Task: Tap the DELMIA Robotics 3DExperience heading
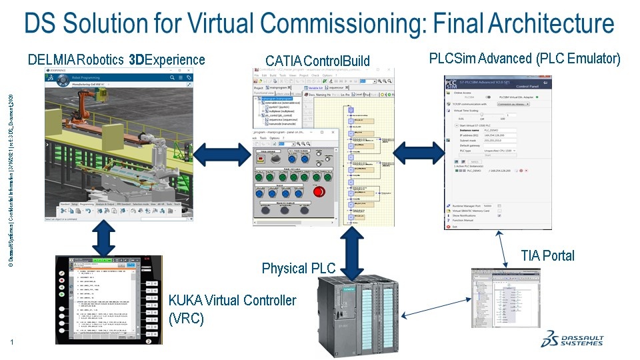(x=116, y=61)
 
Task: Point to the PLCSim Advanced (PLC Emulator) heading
(x=525, y=59)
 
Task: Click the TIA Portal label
(x=548, y=256)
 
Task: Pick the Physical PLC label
(x=294, y=269)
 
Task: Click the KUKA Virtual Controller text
(x=232, y=300)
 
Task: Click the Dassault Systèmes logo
(x=573, y=339)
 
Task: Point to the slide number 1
(x=12, y=343)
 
